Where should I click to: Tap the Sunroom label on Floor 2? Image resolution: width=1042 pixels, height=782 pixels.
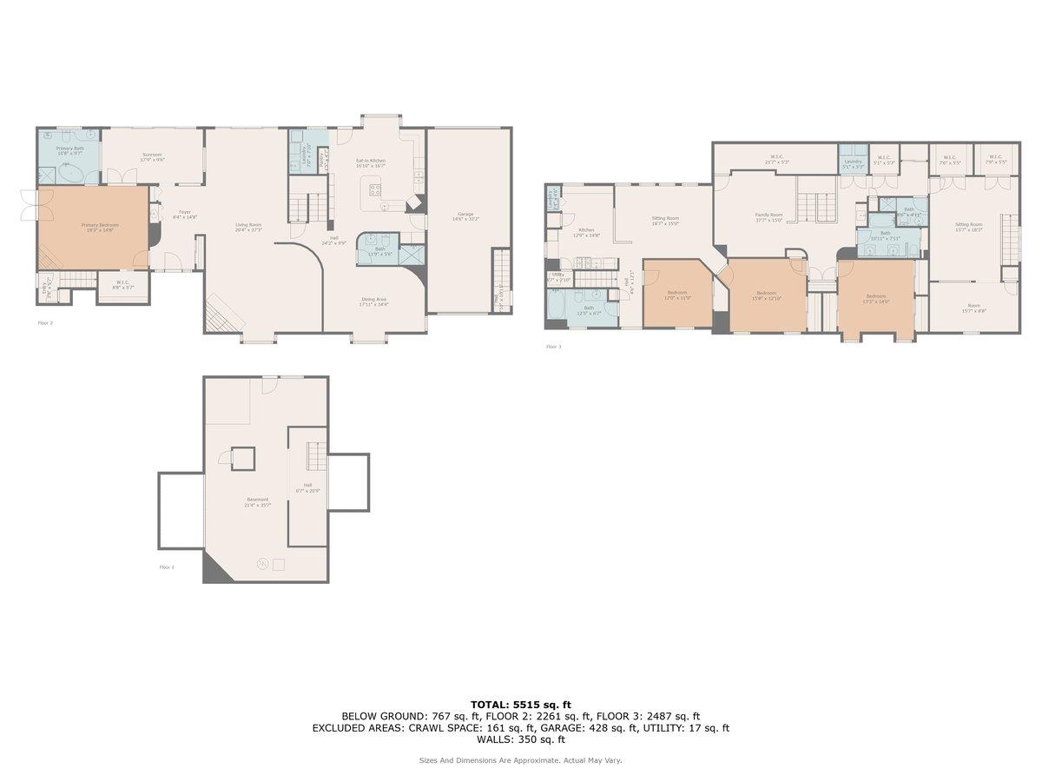click(x=153, y=156)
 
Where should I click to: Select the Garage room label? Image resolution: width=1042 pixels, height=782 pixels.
click(x=465, y=215)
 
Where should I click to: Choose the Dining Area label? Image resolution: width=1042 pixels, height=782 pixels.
click(x=374, y=302)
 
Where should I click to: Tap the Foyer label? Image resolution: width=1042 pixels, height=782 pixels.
click(x=184, y=213)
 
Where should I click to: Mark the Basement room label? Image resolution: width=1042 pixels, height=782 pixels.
click(x=257, y=501)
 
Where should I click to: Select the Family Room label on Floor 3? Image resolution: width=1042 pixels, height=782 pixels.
click(x=768, y=216)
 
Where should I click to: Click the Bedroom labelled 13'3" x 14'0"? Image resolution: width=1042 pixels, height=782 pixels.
click(x=875, y=298)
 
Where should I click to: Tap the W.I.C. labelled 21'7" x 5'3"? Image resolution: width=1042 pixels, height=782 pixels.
click(x=777, y=158)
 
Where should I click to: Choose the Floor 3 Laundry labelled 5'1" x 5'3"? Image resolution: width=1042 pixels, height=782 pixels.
click(x=852, y=162)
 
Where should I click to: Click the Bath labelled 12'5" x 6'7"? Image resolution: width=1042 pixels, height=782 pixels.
click(x=589, y=309)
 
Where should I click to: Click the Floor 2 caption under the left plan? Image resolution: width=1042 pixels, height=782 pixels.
click(x=45, y=323)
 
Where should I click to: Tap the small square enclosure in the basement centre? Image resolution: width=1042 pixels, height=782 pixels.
click(x=243, y=458)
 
